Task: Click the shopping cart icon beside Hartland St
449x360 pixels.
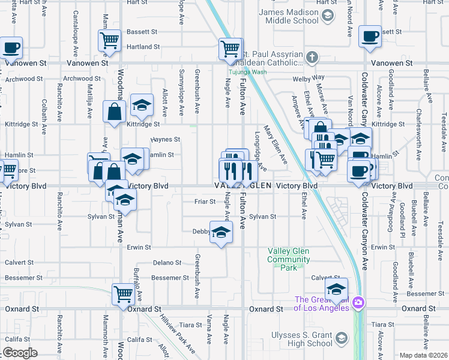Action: click(x=110, y=41)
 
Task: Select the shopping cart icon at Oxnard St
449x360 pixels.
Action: click(x=124, y=294)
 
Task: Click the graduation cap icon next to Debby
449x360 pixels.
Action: click(x=221, y=232)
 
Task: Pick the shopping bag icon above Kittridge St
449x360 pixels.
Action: click(x=114, y=112)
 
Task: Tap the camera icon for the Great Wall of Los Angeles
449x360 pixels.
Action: click(x=358, y=301)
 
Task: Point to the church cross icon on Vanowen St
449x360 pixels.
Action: click(x=312, y=58)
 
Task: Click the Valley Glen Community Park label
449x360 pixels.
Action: click(x=289, y=260)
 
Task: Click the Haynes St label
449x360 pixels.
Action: click(x=165, y=139)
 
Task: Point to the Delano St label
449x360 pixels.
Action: click(x=167, y=263)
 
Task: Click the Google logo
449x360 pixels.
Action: click(x=20, y=353)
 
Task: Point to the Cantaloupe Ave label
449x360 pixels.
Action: click(x=75, y=26)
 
